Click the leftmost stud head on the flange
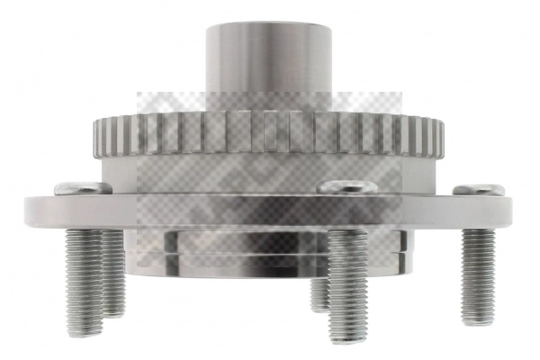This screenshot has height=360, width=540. [83, 188]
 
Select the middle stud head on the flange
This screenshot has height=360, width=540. [349, 187]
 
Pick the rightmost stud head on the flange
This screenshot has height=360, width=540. [479, 190]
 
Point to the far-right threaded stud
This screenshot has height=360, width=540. [478, 274]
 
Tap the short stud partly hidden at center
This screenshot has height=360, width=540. [319, 292]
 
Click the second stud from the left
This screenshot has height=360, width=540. [113, 274]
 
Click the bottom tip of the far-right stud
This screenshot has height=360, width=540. [479, 321]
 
